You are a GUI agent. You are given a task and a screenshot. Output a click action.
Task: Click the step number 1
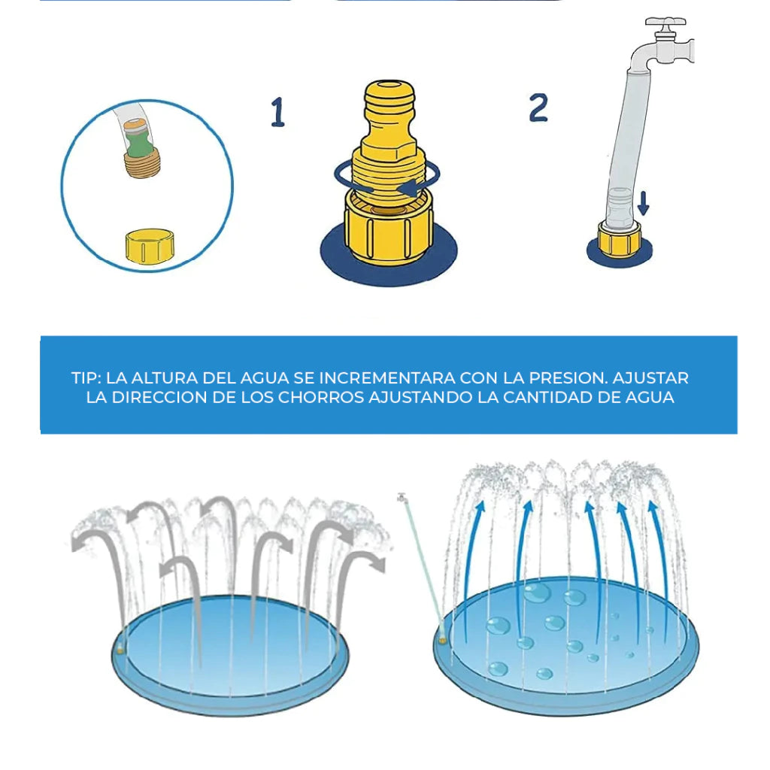278,112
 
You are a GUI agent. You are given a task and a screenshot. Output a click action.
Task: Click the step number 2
538,108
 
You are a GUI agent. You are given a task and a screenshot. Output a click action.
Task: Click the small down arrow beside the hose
644,203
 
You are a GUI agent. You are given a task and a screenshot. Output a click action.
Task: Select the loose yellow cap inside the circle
150,246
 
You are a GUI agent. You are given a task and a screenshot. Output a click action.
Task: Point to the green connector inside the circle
139,143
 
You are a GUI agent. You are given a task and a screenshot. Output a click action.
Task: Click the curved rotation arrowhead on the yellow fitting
408,188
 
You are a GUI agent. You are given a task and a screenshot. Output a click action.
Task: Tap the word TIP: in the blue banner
86,377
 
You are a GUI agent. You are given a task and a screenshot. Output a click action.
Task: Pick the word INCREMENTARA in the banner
387,377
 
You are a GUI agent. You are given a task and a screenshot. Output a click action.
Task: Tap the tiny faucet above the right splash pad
402,498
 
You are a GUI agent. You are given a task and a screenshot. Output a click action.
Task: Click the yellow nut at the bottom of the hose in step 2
620,239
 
